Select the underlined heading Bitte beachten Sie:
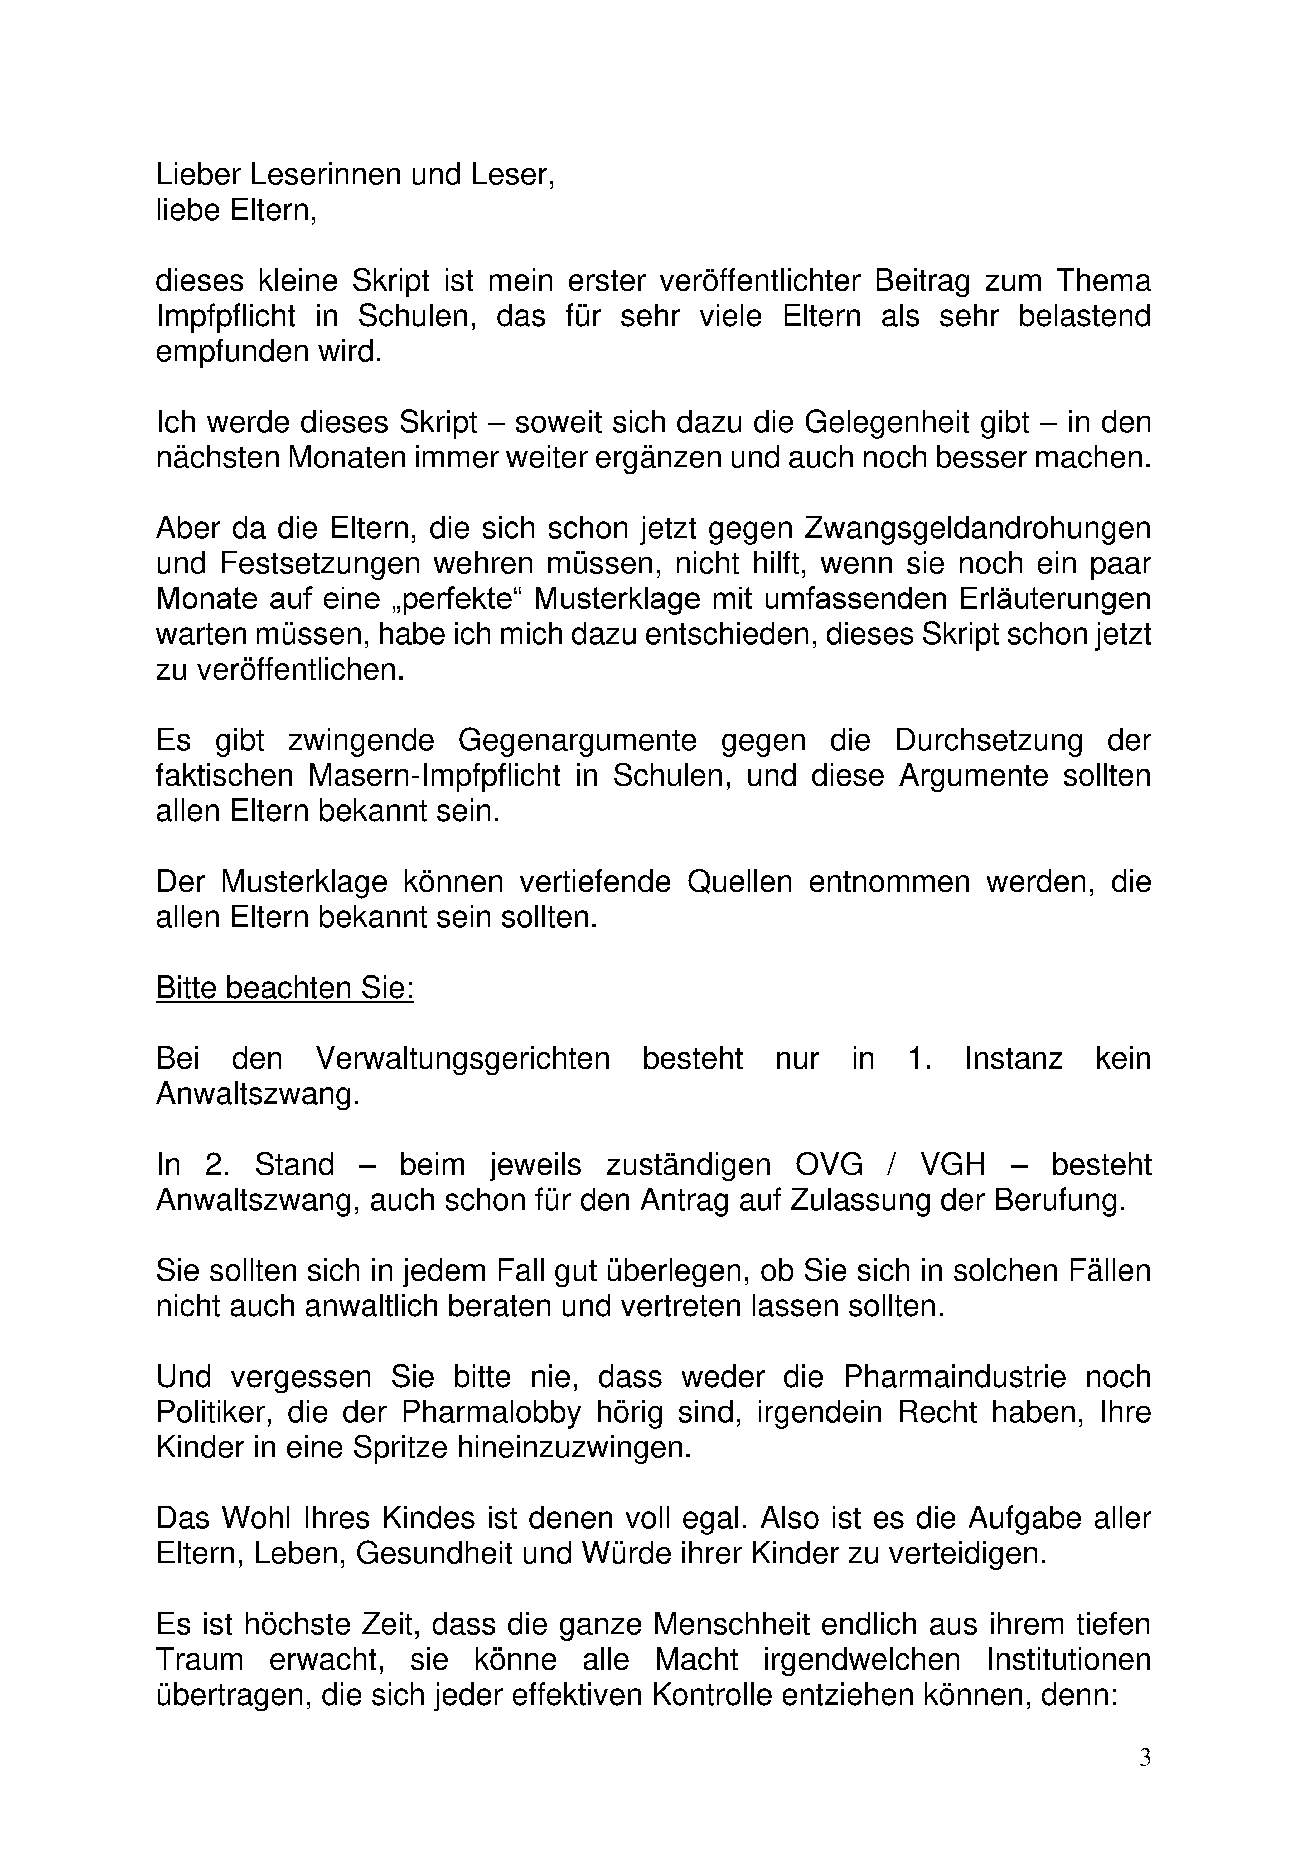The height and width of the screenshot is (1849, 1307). click(284, 988)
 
